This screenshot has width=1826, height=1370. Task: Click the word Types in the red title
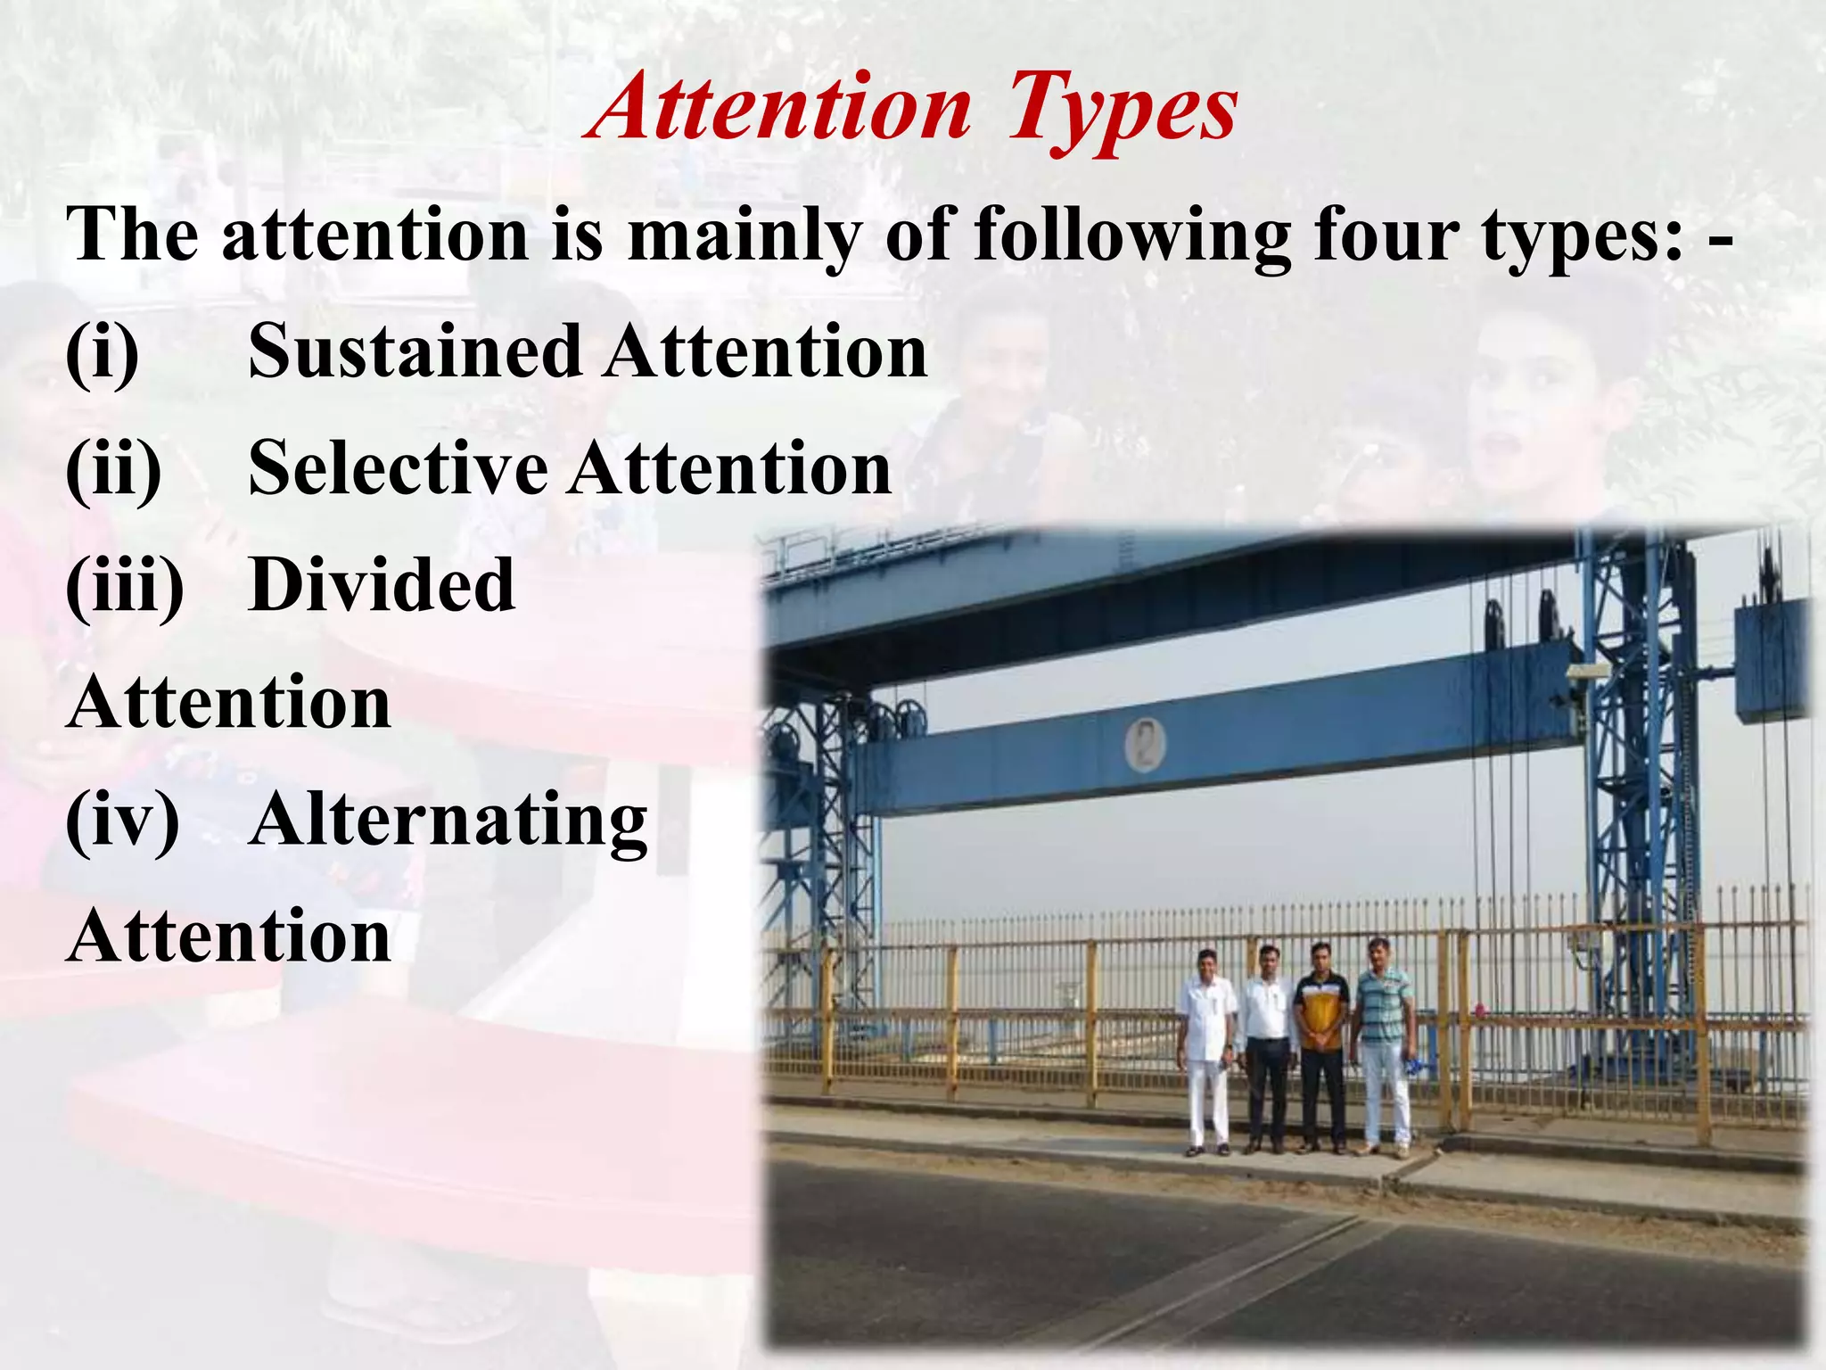tap(1122, 111)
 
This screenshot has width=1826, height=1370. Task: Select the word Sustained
tap(415, 351)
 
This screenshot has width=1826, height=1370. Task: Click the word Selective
tap(398, 468)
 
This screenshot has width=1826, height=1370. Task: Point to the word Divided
tap(382, 585)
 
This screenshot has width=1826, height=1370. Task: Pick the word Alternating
tap(448, 820)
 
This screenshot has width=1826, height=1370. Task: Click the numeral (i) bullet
tap(102, 353)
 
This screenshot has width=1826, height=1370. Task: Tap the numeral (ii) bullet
tap(113, 470)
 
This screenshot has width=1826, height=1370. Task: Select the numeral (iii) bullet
tap(124, 587)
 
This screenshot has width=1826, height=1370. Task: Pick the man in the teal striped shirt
tap(1383, 1040)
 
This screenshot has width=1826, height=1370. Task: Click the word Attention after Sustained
tap(766, 351)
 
